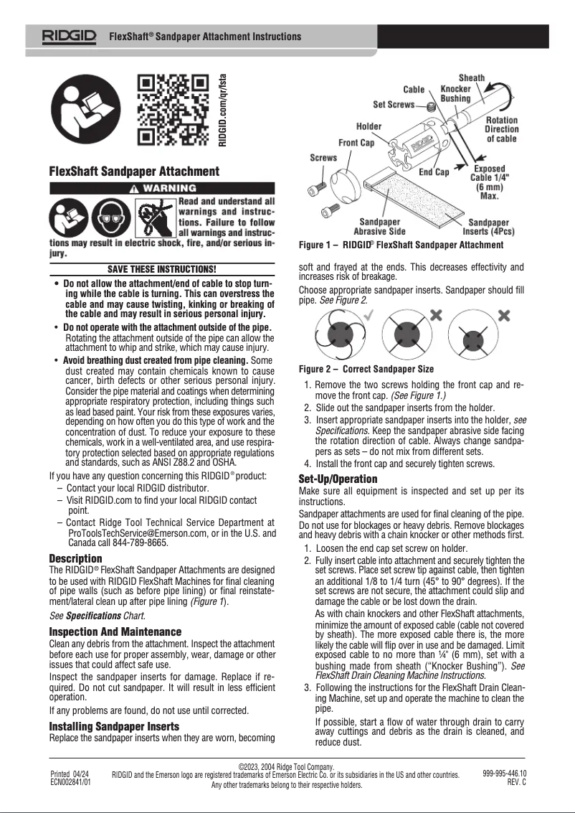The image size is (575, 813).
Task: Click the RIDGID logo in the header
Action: tap(70, 36)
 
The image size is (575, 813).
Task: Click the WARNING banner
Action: tap(162, 189)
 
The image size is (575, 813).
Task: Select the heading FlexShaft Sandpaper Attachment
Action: tap(134, 171)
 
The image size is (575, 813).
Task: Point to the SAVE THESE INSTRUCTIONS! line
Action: tap(162, 269)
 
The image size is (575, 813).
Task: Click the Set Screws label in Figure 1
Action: tap(394, 105)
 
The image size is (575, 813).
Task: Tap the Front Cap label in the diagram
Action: tap(356, 143)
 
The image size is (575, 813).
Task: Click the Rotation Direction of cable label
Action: tap(502, 129)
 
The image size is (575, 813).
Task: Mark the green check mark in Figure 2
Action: tap(368, 315)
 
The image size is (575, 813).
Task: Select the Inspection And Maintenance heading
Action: tap(115, 631)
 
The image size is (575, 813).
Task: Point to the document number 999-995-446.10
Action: tap(504, 773)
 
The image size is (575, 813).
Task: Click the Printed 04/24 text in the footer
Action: tap(70, 774)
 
